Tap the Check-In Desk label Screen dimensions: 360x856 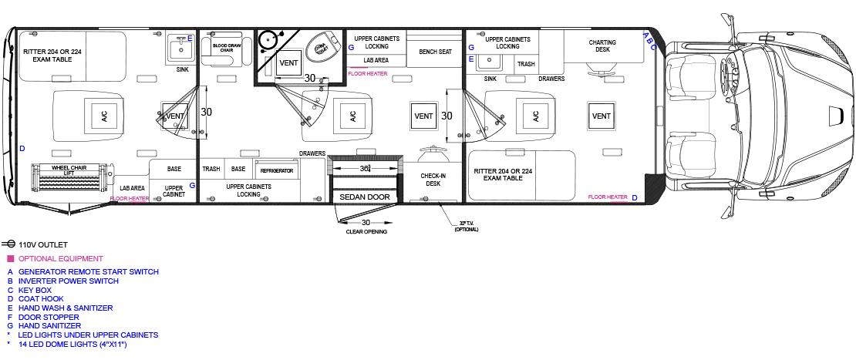(x=432, y=180)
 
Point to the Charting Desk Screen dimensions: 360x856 (x=602, y=46)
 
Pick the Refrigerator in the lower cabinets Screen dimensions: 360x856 (x=277, y=170)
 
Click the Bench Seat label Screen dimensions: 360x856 (x=435, y=52)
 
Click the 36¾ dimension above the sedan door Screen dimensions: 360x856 (x=366, y=168)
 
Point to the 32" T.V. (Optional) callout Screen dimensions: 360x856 (x=465, y=227)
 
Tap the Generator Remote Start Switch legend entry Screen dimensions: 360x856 (x=88, y=272)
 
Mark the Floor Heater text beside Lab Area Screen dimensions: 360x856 (x=130, y=198)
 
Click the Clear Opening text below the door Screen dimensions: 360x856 (x=366, y=231)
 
